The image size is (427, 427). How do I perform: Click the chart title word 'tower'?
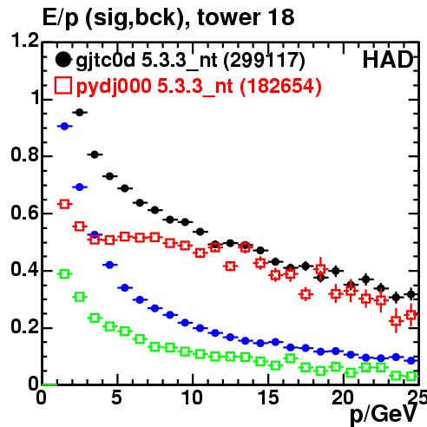(x=230, y=17)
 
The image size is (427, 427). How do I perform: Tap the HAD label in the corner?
(x=388, y=60)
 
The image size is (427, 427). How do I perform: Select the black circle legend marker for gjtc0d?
(x=63, y=60)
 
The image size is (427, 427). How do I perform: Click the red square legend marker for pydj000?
(x=63, y=86)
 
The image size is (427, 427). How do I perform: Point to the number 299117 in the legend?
(x=265, y=60)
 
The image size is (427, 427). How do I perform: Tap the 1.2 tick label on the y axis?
(x=25, y=40)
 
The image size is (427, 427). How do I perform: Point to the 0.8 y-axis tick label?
(x=25, y=155)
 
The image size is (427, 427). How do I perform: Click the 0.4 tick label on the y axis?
(x=25, y=270)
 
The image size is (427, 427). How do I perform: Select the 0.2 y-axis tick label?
(x=25, y=327)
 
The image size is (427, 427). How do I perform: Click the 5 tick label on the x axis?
(x=116, y=397)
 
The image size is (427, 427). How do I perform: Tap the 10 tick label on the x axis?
(x=192, y=397)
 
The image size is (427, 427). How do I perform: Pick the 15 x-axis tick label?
(x=268, y=397)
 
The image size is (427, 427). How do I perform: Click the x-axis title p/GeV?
(x=384, y=414)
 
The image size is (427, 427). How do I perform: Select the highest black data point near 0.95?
(x=80, y=113)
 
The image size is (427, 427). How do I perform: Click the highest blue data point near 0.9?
(x=64, y=126)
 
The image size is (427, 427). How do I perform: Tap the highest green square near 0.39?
(x=64, y=274)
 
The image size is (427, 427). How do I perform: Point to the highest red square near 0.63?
(x=64, y=204)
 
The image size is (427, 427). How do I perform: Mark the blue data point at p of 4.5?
(x=109, y=265)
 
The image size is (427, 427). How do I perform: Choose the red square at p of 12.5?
(x=230, y=266)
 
